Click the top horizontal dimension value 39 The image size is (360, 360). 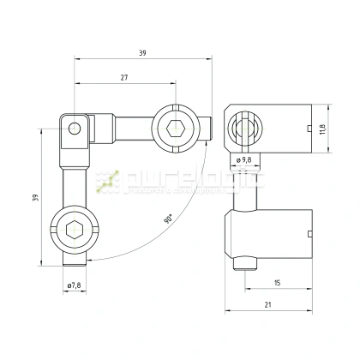pyautogui.click(x=142, y=53)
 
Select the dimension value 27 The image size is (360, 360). pyautogui.click(x=124, y=78)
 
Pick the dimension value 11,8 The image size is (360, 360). pyautogui.click(x=322, y=129)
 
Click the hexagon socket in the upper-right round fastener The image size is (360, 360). pyautogui.click(x=175, y=129)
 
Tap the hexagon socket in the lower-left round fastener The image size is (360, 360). pyautogui.click(x=74, y=230)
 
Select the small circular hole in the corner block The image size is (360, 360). pyautogui.click(x=75, y=129)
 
